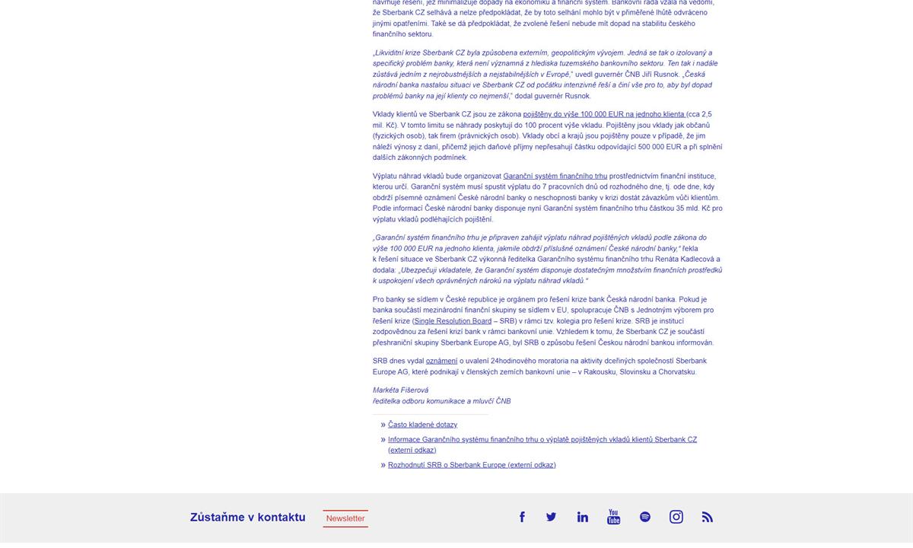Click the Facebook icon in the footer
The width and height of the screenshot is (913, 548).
pos(522,517)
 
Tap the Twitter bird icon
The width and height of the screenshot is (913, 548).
pos(551,517)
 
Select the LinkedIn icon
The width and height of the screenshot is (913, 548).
pos(583,517)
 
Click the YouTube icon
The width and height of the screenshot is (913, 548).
pos(613,518)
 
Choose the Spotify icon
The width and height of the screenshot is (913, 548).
pos(645,517)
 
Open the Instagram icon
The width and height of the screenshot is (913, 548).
pos(676,517)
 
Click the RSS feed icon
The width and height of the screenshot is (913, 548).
pos(708,517)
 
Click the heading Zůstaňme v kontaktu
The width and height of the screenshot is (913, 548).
pos(248,518)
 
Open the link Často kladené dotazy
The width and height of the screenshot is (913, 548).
pos(422,425)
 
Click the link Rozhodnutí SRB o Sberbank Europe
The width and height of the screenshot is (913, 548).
pos(472,465)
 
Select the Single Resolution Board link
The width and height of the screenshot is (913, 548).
pos(453,321)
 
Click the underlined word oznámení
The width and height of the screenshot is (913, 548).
pos(441,361)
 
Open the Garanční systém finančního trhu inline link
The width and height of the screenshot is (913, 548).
pos(555,176)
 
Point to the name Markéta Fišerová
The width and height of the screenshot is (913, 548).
pos(400,390)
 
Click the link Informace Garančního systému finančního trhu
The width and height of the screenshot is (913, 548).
pos(542,439)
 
